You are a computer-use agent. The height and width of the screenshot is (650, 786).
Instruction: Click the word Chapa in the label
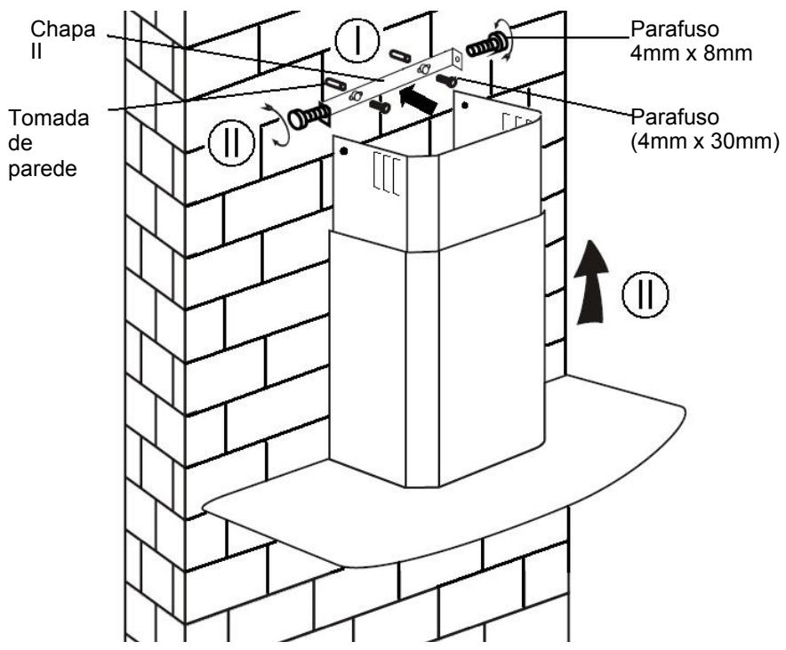click(x=62, y=30)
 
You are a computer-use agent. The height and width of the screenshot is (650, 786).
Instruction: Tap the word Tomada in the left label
click(x=49, y=118)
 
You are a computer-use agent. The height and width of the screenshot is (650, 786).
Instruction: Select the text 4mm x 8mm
click(x=691, y=53)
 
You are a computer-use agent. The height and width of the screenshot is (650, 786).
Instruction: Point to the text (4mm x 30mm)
click(x=705, y=142)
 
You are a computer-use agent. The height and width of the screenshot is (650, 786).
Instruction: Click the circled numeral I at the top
click(x=357, y=40)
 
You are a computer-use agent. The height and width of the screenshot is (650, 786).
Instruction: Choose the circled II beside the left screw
click(x=231, y=143)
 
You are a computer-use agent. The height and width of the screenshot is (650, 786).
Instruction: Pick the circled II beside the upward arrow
click(x=646, y=294)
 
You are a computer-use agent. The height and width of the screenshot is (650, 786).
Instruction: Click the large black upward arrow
click(x=590, y=282)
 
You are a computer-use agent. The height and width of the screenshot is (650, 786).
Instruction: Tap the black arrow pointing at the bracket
click(x=418, y=99)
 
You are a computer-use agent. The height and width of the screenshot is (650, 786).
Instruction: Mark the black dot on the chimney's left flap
click(x=344, y=151)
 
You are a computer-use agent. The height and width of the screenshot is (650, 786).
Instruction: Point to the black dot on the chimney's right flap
click(x=465, y=106)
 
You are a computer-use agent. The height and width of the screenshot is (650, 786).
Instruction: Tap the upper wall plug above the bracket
click(x=400, y=55)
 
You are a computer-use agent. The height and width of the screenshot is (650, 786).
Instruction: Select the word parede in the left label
click(x=43, y=169)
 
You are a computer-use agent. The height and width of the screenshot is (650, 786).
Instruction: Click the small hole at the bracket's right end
click(x=457, y=59)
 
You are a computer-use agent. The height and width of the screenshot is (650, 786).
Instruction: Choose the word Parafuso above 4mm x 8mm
click(x=675, y=29)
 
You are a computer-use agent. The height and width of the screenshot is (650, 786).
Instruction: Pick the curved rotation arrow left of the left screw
click(x=277, y=125)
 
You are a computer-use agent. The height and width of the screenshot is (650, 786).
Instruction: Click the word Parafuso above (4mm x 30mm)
click(x=675, y=117)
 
